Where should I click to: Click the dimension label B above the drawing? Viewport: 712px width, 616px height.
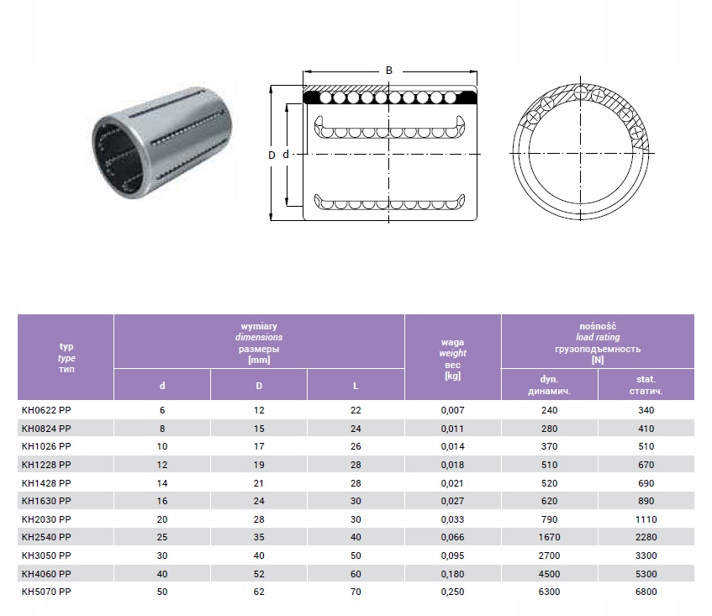[388, 71]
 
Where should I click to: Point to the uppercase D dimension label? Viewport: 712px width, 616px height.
[272, 155]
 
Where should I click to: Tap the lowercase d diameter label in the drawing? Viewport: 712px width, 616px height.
[286, 155]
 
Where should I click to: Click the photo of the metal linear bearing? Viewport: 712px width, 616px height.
[162, 142]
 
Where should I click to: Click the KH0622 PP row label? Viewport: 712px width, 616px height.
[46, 410]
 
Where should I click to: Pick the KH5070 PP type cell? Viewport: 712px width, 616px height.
[46, 592]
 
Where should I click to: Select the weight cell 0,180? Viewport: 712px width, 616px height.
[452, 574]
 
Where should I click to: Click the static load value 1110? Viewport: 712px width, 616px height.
[646, 519]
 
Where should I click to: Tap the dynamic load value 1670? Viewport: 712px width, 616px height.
[549, 538]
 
